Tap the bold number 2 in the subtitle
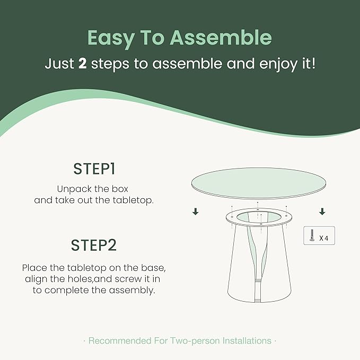click(82, 64)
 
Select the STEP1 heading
click(94, 169)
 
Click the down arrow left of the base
click(196, 212)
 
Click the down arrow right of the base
click(322, 212)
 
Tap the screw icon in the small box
click(312, 235)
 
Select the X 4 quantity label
click(324, 239)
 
